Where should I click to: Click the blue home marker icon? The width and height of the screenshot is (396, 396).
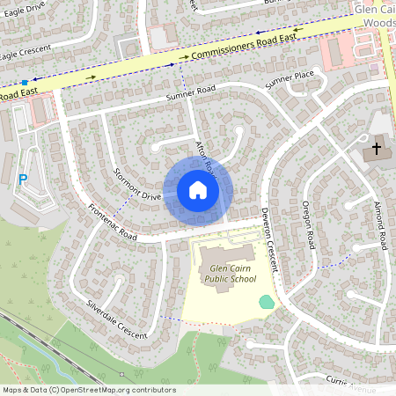point(197,190)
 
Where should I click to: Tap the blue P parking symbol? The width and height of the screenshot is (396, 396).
point(23,179)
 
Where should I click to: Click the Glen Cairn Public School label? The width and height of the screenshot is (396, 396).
point(230,273)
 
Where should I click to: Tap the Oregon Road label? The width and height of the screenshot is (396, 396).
point(309,224)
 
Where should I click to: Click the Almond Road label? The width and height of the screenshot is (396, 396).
point(380,225)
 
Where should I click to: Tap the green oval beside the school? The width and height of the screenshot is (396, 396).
point(267,302)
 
